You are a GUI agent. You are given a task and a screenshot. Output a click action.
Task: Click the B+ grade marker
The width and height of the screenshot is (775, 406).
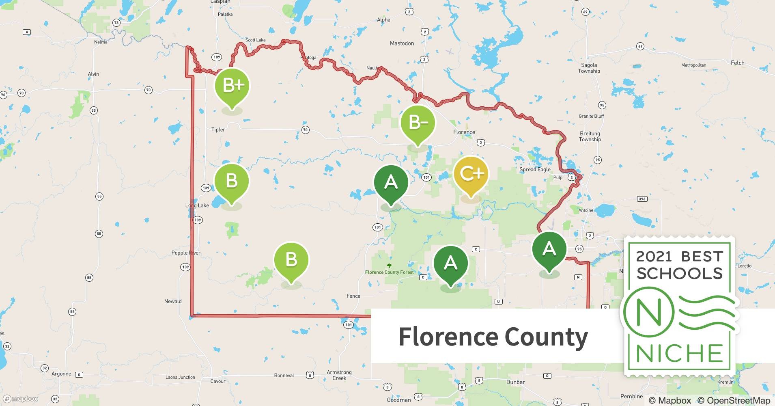click(232, 86)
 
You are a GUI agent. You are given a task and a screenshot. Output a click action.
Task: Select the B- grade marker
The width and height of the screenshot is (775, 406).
click(418, 122)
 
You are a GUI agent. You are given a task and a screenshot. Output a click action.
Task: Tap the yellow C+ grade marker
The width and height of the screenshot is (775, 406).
click(471, 174)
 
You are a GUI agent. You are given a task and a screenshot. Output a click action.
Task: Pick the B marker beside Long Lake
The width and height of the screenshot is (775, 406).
click(232, 181)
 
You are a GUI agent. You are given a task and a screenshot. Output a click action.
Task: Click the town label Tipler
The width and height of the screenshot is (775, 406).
click(218, 130)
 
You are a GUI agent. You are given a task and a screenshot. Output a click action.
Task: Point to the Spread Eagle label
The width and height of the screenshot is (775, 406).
click(535, 169)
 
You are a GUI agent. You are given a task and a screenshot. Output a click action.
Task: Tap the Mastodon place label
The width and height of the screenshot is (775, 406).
click(402, 43)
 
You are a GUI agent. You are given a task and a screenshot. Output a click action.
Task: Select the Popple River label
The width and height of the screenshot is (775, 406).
click(186, 253)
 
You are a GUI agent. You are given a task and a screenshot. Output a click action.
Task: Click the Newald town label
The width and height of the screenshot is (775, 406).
click(173, 301)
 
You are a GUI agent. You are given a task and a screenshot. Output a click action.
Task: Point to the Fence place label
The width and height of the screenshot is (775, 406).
click(353, 296)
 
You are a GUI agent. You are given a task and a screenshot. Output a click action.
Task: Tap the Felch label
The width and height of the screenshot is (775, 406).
click(737, 63)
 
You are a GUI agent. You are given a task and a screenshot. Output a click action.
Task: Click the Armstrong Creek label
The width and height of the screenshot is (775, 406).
click(339, 375)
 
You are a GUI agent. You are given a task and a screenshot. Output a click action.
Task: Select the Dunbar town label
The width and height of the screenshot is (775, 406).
click(515, 382)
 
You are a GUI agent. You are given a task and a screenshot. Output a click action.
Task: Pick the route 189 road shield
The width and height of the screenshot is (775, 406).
click(217, 57)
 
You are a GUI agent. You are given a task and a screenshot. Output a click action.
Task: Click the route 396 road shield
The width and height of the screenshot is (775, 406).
click(642, 199)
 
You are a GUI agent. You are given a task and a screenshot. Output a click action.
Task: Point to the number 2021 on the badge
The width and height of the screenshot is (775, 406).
click(654, 256)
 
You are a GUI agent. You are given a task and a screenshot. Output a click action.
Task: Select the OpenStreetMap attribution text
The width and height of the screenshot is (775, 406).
click(734, 400)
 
